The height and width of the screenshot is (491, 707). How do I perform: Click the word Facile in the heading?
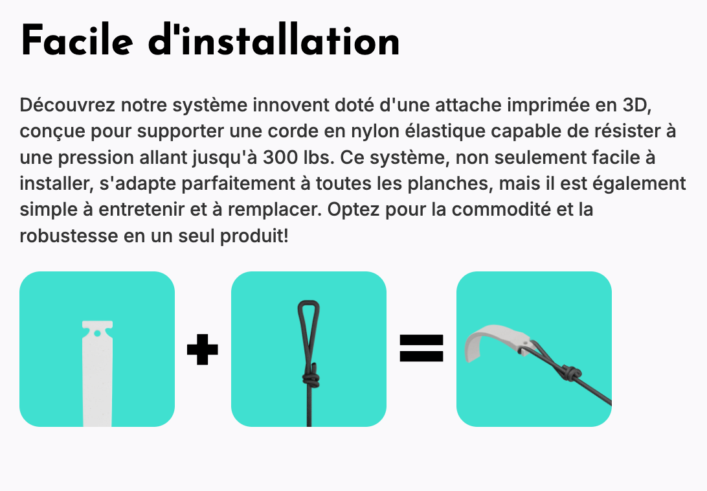click(77, 41)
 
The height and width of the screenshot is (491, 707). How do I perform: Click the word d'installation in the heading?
click(274, 41)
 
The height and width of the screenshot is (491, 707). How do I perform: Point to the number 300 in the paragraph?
click(278, 157)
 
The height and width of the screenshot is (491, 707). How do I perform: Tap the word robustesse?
click(69, 236)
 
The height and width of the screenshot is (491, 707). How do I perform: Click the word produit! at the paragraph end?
click(254, 236)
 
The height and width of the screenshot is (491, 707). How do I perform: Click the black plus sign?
click(203, 349)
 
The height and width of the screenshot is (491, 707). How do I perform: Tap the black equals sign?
click(421, 348)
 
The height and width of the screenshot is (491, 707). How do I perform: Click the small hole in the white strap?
click(97, 334)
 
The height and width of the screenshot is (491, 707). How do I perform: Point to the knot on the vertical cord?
click(310, 376)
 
